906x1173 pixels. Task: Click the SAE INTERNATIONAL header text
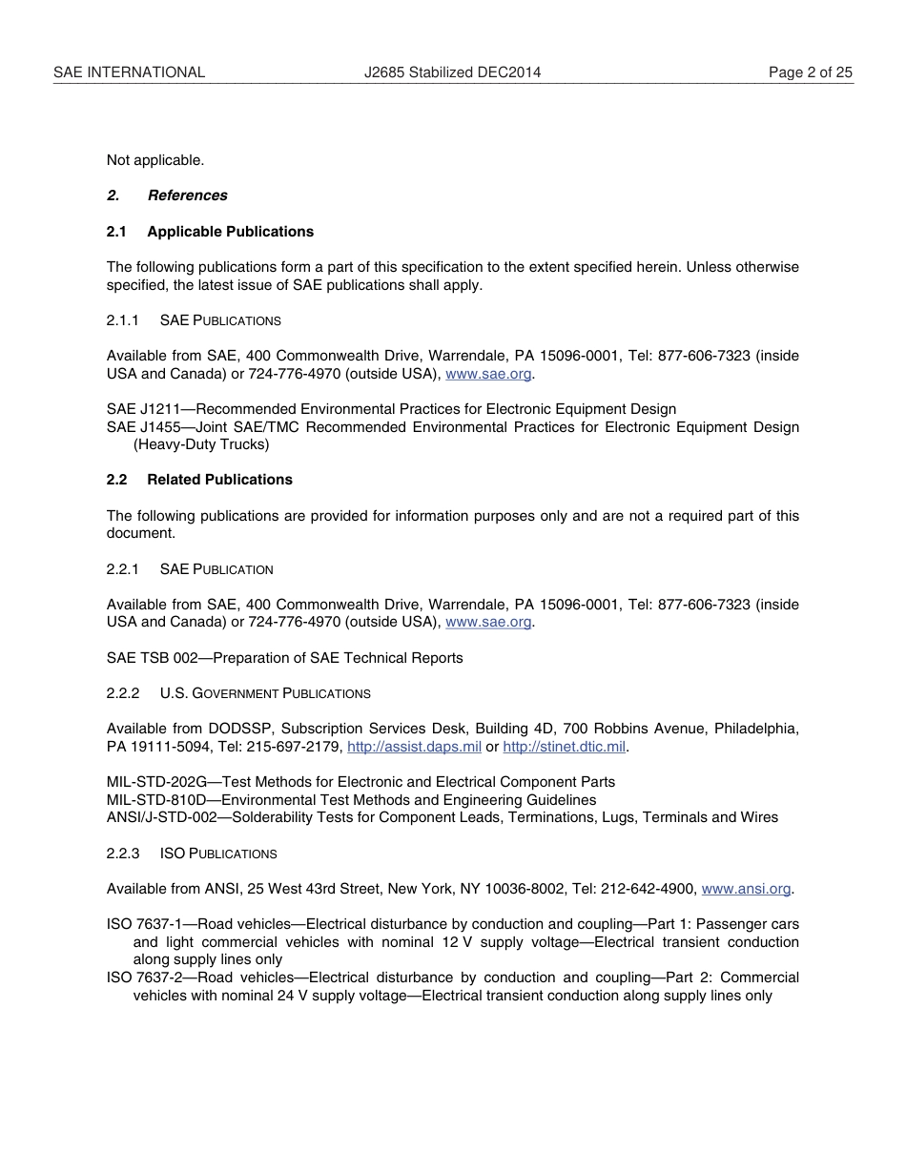point(129,72)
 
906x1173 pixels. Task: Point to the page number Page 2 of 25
point(811,72)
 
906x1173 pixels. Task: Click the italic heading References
point(187,195)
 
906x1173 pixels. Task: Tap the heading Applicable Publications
point(230,232)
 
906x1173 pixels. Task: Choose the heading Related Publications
point(219,480)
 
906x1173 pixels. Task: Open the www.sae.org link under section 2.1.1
point(488,374)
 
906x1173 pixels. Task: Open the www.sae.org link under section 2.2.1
point(488,622)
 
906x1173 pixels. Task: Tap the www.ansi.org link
point(746,889)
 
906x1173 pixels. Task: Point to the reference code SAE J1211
point(143,409)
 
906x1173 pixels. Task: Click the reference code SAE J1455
point(143,427)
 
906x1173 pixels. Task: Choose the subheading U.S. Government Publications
point(265,693)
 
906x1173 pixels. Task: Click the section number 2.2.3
point(123,854)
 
